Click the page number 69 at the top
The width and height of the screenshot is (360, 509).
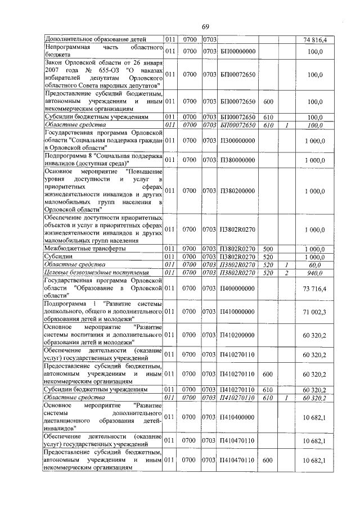(205, 26)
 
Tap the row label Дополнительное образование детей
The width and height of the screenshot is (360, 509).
(96, 39)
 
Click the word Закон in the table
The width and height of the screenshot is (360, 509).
(56, 62)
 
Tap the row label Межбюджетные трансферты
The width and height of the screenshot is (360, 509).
(85, 248)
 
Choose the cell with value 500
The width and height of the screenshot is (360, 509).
(268, 248)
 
